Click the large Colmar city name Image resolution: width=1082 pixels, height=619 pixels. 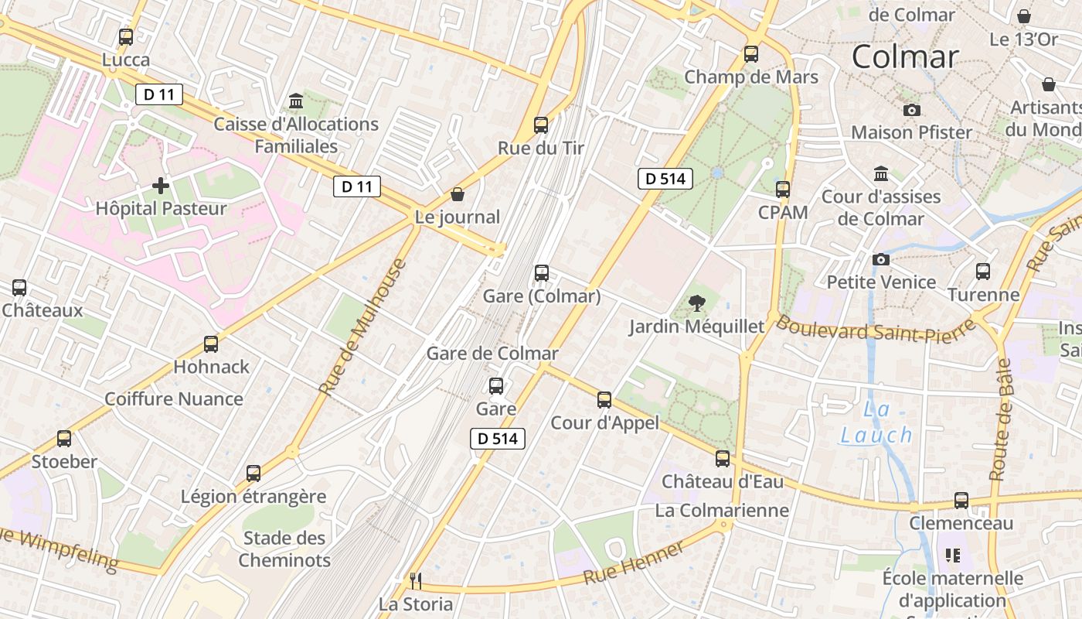click(905, 56)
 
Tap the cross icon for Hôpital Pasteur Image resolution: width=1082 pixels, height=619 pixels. click(161, 186)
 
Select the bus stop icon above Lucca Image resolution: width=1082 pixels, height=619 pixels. click(125, 36)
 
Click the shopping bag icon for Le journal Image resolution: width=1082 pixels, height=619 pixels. click(458, 193)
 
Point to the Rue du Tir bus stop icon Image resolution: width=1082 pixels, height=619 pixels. click(541, 125)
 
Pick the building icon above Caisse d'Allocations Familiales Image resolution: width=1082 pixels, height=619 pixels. click(295, 101)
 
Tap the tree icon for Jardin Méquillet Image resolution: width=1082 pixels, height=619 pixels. click(696, 303)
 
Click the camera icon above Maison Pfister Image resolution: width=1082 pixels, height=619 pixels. click(912, 110)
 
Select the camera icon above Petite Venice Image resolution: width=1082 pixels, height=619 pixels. click(881, 259)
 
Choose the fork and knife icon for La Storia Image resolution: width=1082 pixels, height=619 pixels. click(416, 580)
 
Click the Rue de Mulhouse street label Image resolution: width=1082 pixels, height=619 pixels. click(362, 327)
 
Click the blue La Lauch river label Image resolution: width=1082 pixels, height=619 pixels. click(876, 422)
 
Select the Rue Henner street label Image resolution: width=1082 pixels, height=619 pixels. click(634, 563)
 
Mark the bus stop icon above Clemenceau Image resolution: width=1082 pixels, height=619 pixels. click(961, 501)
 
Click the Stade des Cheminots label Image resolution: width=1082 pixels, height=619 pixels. click(284, 549)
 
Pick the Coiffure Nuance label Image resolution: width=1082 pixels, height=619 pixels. click(174, 399)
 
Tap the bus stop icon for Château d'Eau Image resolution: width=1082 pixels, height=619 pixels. click(723, 459)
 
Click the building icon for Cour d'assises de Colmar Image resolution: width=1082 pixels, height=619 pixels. click(881, 173)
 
